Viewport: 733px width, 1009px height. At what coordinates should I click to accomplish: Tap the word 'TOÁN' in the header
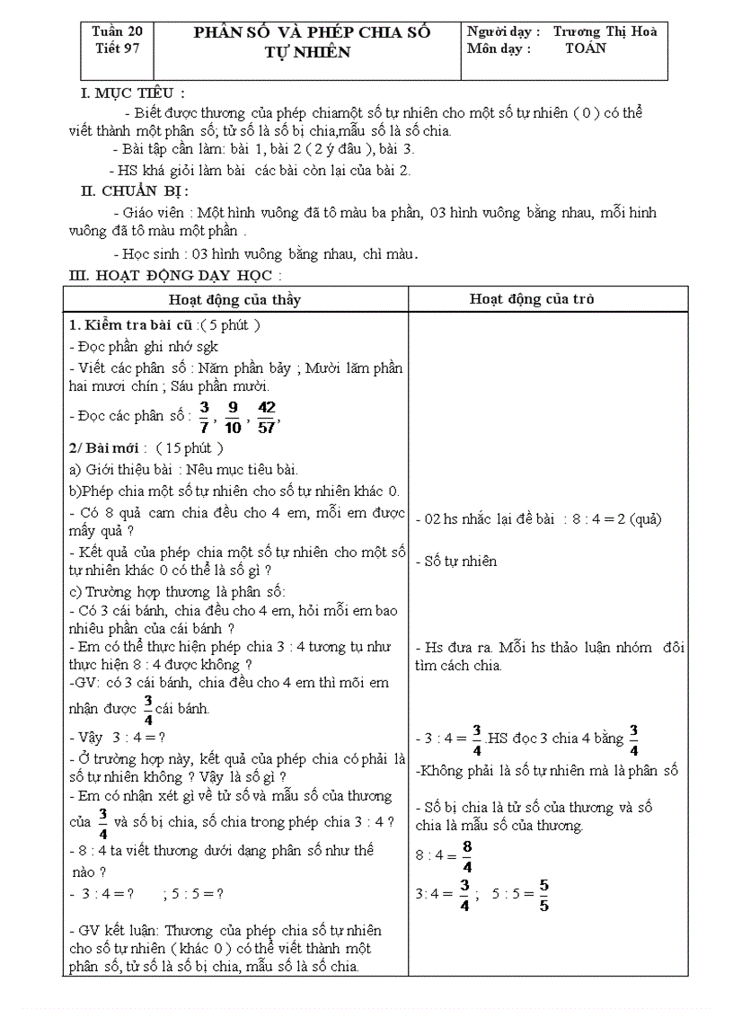tap(586, 49)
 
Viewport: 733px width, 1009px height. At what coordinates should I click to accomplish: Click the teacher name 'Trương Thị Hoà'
tap(605, 31)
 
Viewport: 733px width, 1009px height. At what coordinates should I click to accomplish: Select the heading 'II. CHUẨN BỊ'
tap(134, 190)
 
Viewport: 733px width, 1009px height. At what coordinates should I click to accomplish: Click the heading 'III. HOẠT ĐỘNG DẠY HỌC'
tap(175, 275)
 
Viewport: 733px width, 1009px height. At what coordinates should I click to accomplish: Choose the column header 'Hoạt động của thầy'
tap(235, 299)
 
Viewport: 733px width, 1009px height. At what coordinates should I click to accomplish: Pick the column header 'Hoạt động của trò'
tap(532, 299)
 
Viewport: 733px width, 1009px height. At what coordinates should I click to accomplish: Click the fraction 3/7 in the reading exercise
tap(204, 416)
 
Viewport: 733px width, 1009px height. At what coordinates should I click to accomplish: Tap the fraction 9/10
tap(233, 416)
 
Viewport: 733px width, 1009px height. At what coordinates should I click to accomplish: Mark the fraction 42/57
tap(267, 416)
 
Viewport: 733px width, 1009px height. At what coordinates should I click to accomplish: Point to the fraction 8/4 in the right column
tap(466, 855)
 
